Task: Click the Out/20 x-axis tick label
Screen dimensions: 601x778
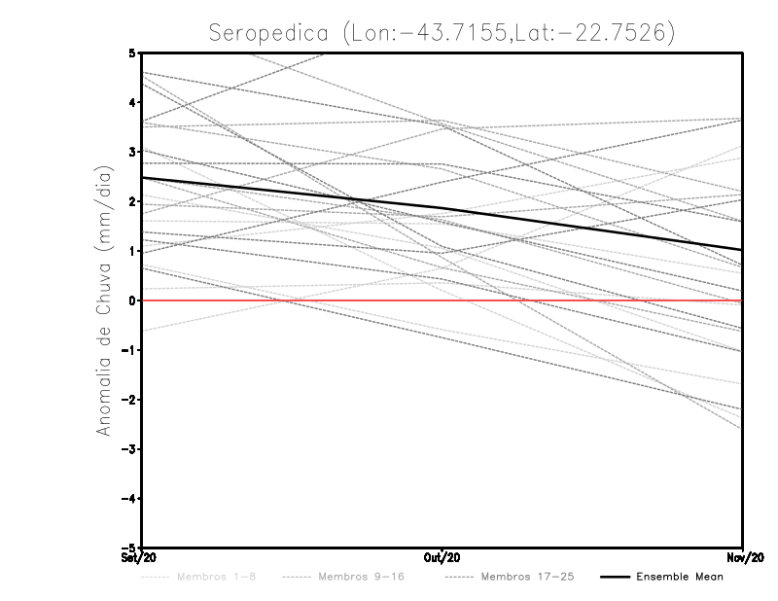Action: coord(442,558)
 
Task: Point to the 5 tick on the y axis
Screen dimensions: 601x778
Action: coord(133,53)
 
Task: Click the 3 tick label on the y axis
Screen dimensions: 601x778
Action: coord(133,152)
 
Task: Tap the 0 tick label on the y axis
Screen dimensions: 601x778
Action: coord(133,300)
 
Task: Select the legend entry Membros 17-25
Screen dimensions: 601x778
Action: coord(527,577)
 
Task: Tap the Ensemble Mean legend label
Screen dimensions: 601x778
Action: coord(679,577)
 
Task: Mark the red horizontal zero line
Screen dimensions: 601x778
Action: coord(292,300)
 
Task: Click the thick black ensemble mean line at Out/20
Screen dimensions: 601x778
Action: coord(442,209)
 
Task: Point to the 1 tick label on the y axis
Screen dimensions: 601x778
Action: coord(133,251)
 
